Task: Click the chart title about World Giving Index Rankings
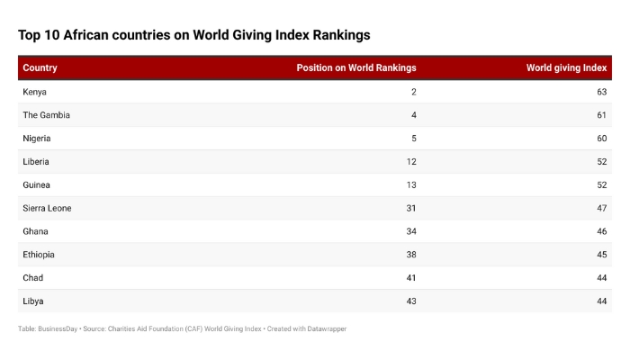coord(193,35)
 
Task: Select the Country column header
coord(40,68)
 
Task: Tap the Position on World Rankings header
coord(356,68)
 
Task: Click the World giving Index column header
coord(566,68)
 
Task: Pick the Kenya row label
coord(35,92)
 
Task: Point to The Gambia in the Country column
coord(46,115)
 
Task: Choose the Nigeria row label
coord(37,139)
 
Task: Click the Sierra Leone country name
coord(47,208)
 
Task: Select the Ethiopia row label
coord(39,255)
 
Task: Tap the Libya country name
coord(33,301)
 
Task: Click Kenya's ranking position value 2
coord(413,92)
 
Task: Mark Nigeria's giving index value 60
coord(601,139)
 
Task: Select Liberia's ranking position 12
coord(411,162)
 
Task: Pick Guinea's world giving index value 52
coord(601,184)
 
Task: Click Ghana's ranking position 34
coord(411,231)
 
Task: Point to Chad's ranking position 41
coord(411,277)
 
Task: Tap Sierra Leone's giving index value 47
coord(601,208)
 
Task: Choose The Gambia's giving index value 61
coord(601,115)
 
